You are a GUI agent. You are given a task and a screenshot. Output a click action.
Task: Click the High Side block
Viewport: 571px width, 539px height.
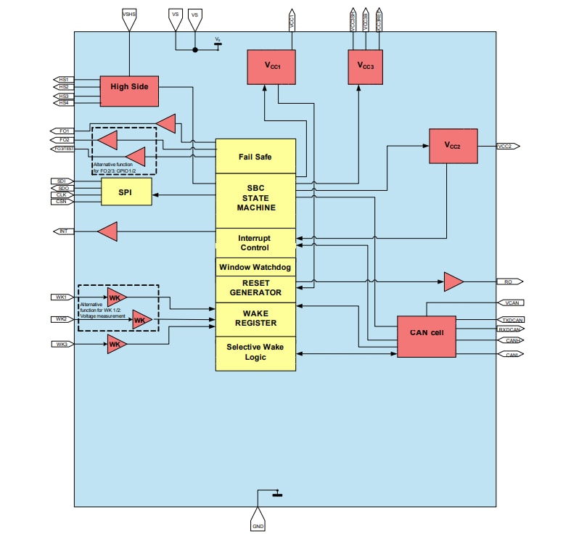pos(128,87)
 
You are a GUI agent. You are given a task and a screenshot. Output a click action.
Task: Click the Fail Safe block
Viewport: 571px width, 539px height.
pos(255,156)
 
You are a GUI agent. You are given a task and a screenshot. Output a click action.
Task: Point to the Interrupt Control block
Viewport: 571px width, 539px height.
pos(255,242)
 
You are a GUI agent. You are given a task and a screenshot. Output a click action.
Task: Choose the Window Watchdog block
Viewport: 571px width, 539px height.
pos(255,267)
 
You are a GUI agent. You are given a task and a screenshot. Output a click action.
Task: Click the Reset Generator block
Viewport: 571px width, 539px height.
pos(255,288)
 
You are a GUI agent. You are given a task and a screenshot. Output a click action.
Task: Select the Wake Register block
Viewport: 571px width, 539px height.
pos(255,318)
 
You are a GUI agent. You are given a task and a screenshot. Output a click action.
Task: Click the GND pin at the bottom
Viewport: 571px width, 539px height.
pos(258,524)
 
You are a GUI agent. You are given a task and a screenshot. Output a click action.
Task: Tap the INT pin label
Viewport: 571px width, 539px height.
pos(63,231)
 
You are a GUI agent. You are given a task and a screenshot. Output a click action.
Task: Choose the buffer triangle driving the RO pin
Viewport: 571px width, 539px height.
pos(453,281)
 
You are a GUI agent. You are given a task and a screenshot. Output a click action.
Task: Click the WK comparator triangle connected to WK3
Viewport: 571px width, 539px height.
pos(116,345)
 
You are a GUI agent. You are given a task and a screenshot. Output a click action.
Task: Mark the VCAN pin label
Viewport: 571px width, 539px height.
pos(509,303)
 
